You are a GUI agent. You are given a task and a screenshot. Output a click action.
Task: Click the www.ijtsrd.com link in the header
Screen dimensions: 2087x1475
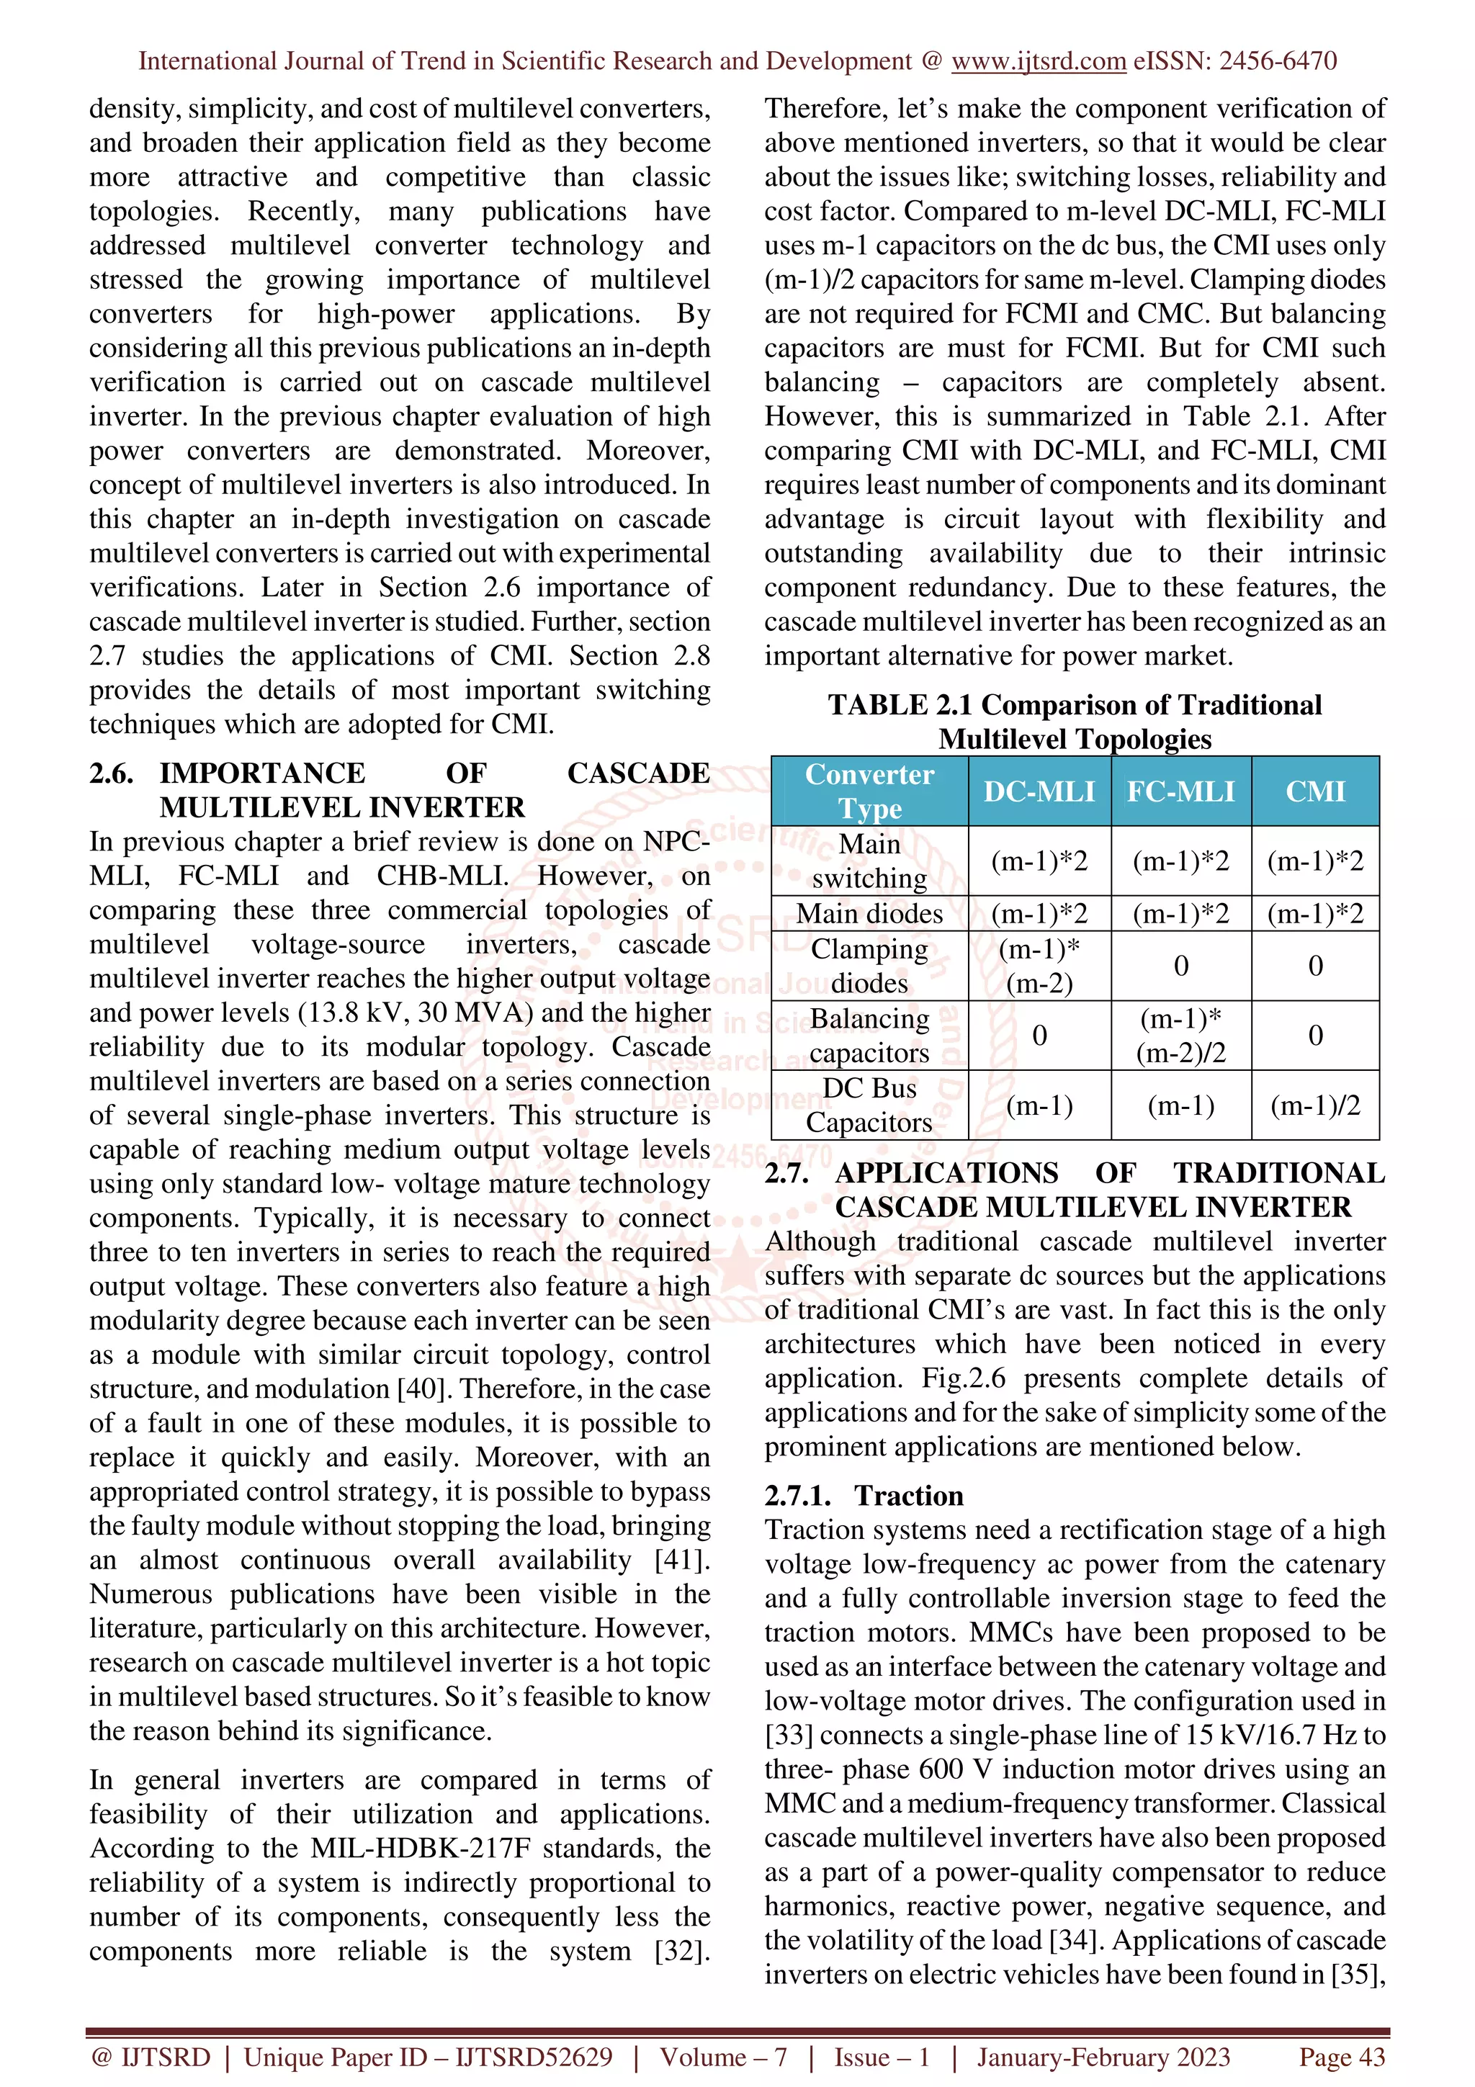pos(1038,61)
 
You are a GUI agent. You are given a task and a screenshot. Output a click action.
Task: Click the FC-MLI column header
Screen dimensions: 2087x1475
pos(1180,791)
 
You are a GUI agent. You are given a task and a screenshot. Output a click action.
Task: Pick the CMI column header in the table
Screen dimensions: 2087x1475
pos(1314,791)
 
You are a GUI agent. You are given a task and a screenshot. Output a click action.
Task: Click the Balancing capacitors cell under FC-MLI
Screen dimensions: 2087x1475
pos(1180,1036)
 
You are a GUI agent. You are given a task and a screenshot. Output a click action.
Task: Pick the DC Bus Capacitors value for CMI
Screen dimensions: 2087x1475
pos(1314,1105)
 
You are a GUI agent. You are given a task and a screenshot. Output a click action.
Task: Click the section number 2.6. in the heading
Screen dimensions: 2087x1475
pos(111,773)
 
